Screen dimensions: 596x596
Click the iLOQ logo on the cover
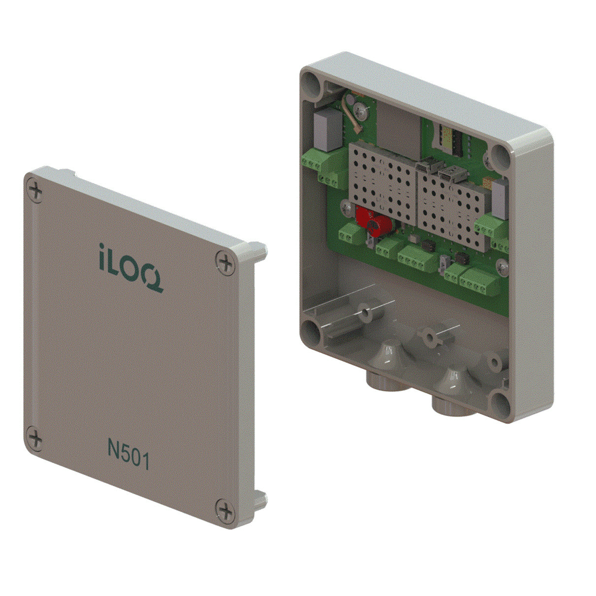(x=130, y=266)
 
